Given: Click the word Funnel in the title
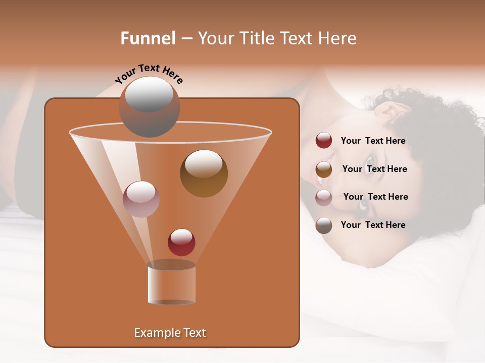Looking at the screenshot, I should [148, 38].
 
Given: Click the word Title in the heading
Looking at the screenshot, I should [256, 38].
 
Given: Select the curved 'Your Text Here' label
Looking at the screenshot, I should [149, 74].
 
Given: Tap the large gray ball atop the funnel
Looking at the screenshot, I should [149, 106].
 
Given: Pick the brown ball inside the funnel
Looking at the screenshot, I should [204, 173].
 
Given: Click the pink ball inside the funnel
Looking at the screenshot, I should [141, 199].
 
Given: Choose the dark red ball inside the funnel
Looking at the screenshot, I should [181, 242].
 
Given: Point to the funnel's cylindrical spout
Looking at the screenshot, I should [171, 283].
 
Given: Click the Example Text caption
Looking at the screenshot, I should [170, 333].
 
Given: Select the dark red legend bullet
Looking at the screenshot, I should [324, 141].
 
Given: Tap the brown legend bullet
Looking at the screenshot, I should [324, 169].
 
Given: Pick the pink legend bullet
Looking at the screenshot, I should [324, 197].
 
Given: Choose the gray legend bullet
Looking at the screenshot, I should [324, 225].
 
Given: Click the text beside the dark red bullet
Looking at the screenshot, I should [373, 141].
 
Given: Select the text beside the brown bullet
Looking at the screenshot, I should [374, 169].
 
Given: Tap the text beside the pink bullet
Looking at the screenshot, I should [375, 197].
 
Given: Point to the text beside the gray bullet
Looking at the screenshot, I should [373, 225].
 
